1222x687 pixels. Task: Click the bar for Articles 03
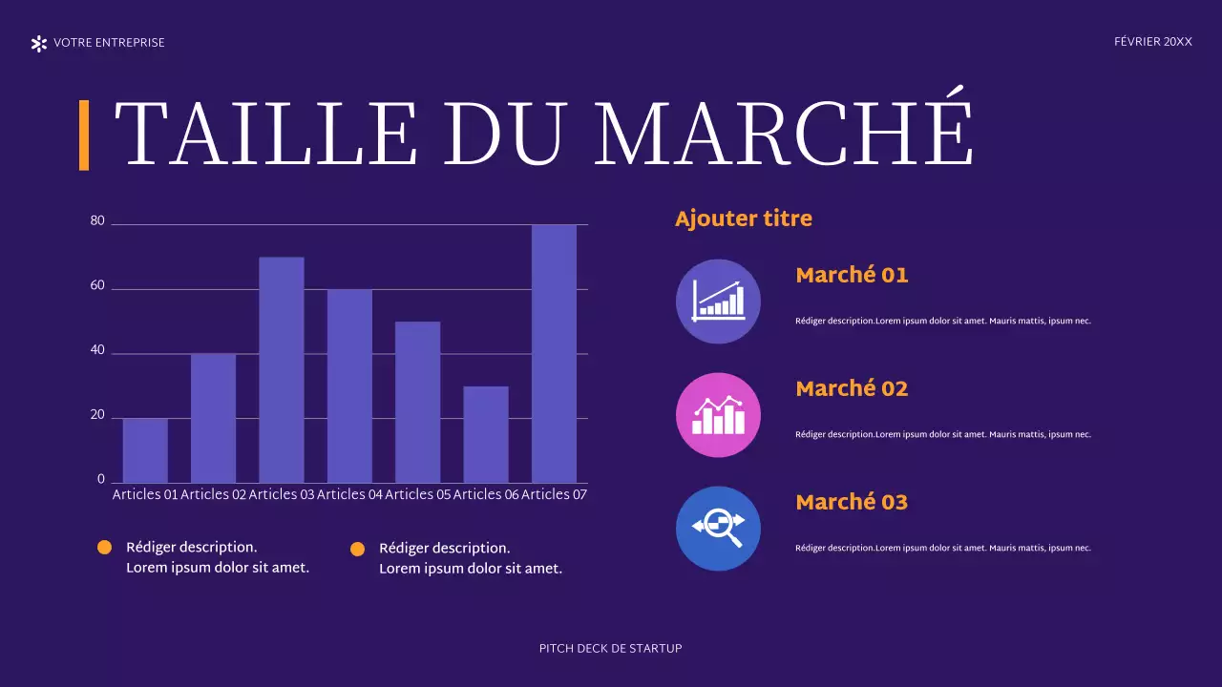(282, 370)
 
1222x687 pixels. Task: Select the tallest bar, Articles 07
(554, 354)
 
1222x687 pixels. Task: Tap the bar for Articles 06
(486, 434)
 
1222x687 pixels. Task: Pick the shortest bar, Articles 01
(145, 450)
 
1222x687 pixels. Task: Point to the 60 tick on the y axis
(97, 286)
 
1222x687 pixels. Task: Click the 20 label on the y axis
(97, 416)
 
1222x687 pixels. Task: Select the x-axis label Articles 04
(349, 494)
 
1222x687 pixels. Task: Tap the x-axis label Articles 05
(417, 494)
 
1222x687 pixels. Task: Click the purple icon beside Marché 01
(718, 302)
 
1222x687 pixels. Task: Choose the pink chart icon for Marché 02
(718, 415)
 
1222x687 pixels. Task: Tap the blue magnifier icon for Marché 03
(718, 529)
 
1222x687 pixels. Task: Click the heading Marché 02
(852, 388)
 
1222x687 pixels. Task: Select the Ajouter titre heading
(744, 219)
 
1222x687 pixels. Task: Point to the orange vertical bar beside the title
(84, 135)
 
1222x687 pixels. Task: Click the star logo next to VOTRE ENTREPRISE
(39, 43)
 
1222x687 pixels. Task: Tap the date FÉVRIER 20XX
(1153, 42)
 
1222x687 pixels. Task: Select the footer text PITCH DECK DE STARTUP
(611, 649)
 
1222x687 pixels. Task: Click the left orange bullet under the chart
(105, 548)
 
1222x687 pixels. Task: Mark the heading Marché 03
(852, 502)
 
